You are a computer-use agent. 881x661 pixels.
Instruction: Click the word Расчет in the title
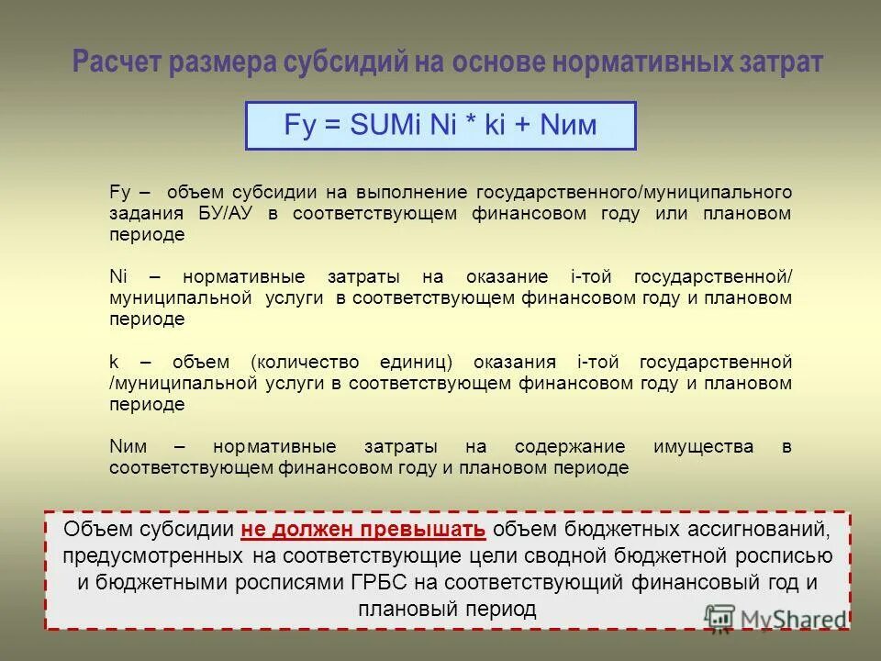click(117, 62)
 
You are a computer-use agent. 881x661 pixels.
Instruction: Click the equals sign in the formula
click(329, 126)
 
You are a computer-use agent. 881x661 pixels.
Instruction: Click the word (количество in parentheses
click(297, 362)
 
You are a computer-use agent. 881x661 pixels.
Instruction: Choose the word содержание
click(570, 446)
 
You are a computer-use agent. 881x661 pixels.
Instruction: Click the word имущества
click(703, 446)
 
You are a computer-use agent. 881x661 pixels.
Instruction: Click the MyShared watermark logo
click(775, 617)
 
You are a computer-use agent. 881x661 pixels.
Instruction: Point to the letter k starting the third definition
click(113, 362)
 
